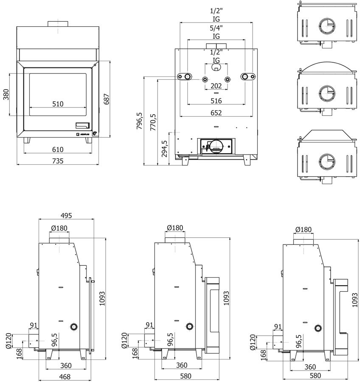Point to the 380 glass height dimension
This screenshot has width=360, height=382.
coord(6,94)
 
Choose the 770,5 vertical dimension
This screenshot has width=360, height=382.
coord(153,121)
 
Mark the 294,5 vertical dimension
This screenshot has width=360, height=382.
coord(165,149)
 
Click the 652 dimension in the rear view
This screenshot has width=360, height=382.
coord(216,113)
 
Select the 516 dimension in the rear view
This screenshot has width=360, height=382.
coord(216,101)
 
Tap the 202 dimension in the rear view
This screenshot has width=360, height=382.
coord(216,86)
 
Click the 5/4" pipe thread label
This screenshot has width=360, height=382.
coord(216,28)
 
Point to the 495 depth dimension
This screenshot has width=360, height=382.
coord(66,216)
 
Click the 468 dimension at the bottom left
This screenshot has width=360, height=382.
coord(65,376)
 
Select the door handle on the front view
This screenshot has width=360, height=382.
coord(83,125)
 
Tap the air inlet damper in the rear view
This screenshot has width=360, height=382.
coord(216,146)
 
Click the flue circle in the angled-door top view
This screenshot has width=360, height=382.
coord(326,160)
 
